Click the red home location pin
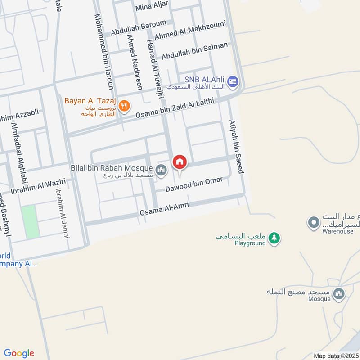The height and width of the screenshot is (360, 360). tap(180, 162)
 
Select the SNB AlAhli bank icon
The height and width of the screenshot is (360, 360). tap(233, 81)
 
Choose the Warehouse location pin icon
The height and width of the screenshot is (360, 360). tap(313, 222)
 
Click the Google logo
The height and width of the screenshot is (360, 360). tap(19, 353)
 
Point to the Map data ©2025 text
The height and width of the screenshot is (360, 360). tap(336, 355)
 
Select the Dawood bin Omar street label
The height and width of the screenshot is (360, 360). tap(194, 184)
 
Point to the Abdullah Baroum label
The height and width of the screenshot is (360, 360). tap(138, 26)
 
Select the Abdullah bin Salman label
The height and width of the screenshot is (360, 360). tap(195, 51)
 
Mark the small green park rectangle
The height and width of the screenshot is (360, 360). tap(31, 222)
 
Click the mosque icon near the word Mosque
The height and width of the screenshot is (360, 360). tap(339, 293)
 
